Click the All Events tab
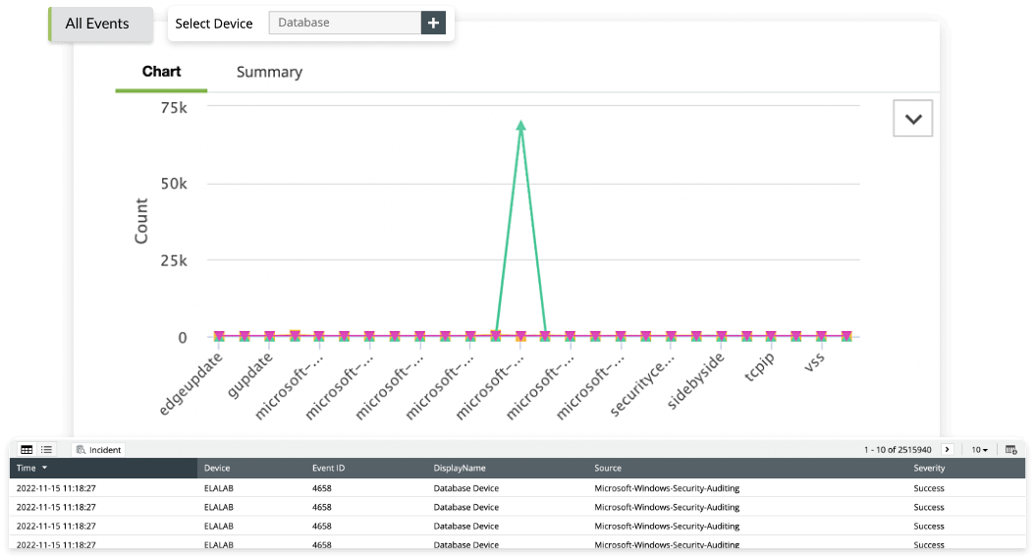97,24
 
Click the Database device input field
344,23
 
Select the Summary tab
269,72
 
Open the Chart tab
161,72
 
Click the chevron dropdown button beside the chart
912,118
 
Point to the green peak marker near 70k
520,125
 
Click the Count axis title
141,221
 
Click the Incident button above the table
98,450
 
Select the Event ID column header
328,469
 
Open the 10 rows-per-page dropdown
979,450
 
